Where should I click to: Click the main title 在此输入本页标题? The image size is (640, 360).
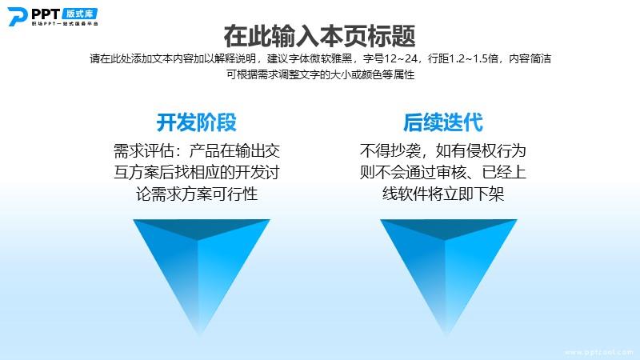(x=319, y=36)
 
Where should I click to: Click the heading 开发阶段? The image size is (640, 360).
(x=196, y=122)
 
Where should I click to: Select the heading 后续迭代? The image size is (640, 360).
(x=443, y=122)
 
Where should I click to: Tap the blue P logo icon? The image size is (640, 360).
(x=18, y=16)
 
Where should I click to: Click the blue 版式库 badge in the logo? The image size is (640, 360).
(x=80, y=14)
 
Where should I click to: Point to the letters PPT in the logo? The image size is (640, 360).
(x=46, y=14)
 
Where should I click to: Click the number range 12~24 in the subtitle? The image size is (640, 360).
(x=401, y=58)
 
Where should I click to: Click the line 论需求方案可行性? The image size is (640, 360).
(x=197, y=194)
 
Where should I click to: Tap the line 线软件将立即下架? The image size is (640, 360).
(x=443, y=194)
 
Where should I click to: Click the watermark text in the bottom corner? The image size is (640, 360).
(x=598, y=352)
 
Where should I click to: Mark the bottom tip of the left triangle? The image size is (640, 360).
(x=199, y=334)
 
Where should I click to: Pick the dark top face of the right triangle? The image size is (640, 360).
(x=448, y=228)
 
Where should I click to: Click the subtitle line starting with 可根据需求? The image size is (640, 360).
(x=321, y=74)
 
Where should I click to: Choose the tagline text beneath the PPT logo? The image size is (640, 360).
(x=65, y=24)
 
